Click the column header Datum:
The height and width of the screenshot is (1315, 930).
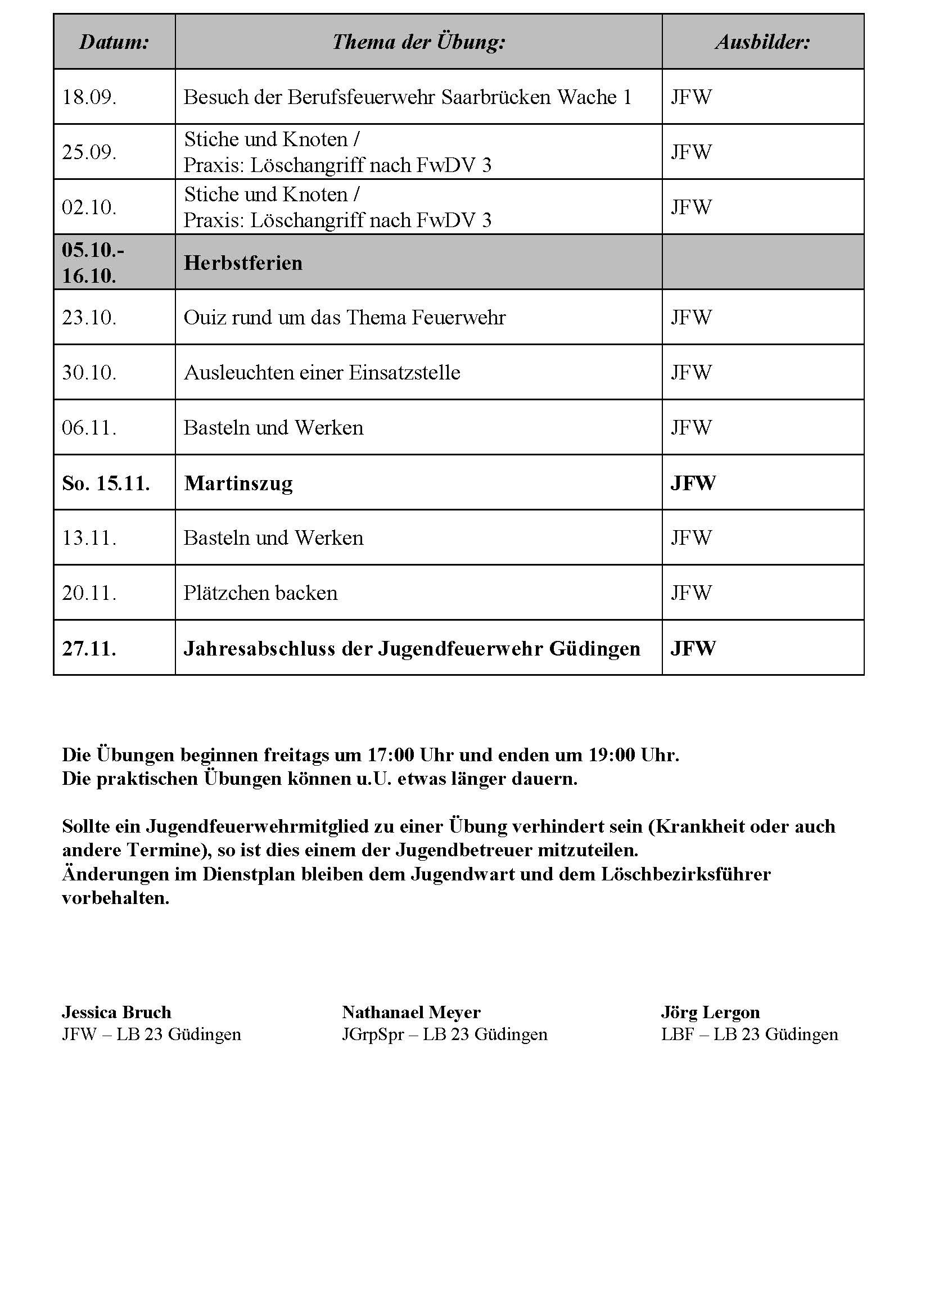(114, 42)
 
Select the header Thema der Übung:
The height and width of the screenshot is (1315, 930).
(419, 42)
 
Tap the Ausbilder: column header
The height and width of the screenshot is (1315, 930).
(763, 42)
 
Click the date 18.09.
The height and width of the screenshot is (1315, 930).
(89, 97)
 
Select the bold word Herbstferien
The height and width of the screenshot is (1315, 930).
(243, 263)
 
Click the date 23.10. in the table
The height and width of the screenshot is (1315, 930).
(89, 318)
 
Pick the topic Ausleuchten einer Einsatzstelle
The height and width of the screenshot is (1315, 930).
(322, 373)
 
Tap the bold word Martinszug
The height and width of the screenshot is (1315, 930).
(238, 483)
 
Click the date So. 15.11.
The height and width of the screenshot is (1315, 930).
(106, 483)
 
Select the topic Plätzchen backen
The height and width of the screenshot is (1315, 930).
(260, 593)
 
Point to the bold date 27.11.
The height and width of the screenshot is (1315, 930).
(89, 649)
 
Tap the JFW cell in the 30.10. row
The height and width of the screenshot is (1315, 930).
(691, 373)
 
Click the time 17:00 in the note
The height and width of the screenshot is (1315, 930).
(391, 755)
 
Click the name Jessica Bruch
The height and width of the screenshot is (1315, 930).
(116, 1012)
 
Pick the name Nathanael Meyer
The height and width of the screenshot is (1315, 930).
(411, 1012)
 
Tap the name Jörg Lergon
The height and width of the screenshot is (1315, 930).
(710, 1012)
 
